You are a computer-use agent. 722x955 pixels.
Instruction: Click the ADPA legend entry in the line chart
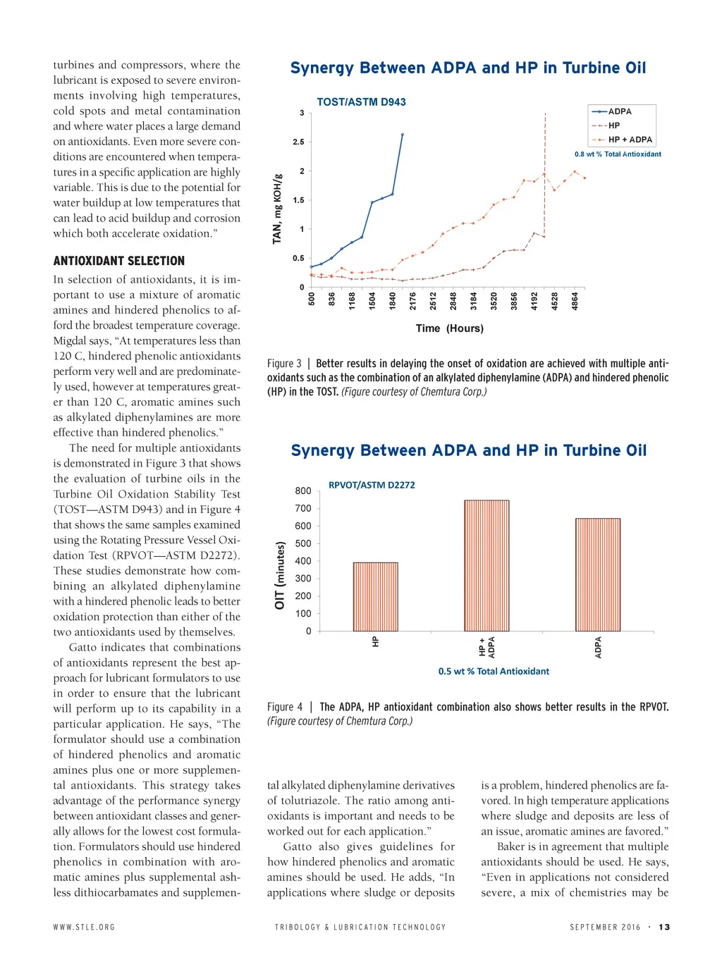(619, 111)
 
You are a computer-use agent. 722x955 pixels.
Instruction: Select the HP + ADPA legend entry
(630, 140)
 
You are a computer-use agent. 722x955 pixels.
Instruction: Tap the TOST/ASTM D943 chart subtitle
(361, 102)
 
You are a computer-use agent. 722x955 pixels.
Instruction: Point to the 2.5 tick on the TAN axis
(299, 142)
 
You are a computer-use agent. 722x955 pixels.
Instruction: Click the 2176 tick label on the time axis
(413, 301)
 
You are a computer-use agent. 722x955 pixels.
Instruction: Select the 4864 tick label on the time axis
(575, 301)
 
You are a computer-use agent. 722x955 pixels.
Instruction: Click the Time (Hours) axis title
(449, 328)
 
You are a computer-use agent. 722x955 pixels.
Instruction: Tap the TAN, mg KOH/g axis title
(277, 209)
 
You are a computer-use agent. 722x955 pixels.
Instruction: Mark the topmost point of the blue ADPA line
(403, 134)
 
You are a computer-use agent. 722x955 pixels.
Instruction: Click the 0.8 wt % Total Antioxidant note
(618, 154)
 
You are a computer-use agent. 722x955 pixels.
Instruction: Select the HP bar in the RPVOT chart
(375, 596)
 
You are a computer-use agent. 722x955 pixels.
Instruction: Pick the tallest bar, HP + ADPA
(487, 565)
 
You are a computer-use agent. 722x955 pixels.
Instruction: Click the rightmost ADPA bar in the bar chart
(598, 574)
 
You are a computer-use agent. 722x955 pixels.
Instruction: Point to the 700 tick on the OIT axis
(303, 508)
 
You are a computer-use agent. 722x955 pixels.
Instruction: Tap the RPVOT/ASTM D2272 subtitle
(372, 485)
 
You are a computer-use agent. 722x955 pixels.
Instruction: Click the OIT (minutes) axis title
(280, 575)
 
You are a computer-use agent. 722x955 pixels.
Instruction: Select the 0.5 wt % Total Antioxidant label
(494, 672)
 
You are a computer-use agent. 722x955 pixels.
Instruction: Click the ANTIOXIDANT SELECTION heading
(118, 261)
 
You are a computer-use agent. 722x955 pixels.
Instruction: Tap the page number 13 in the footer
(664, 927)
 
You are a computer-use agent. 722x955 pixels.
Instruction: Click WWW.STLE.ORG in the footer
(84, 927)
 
